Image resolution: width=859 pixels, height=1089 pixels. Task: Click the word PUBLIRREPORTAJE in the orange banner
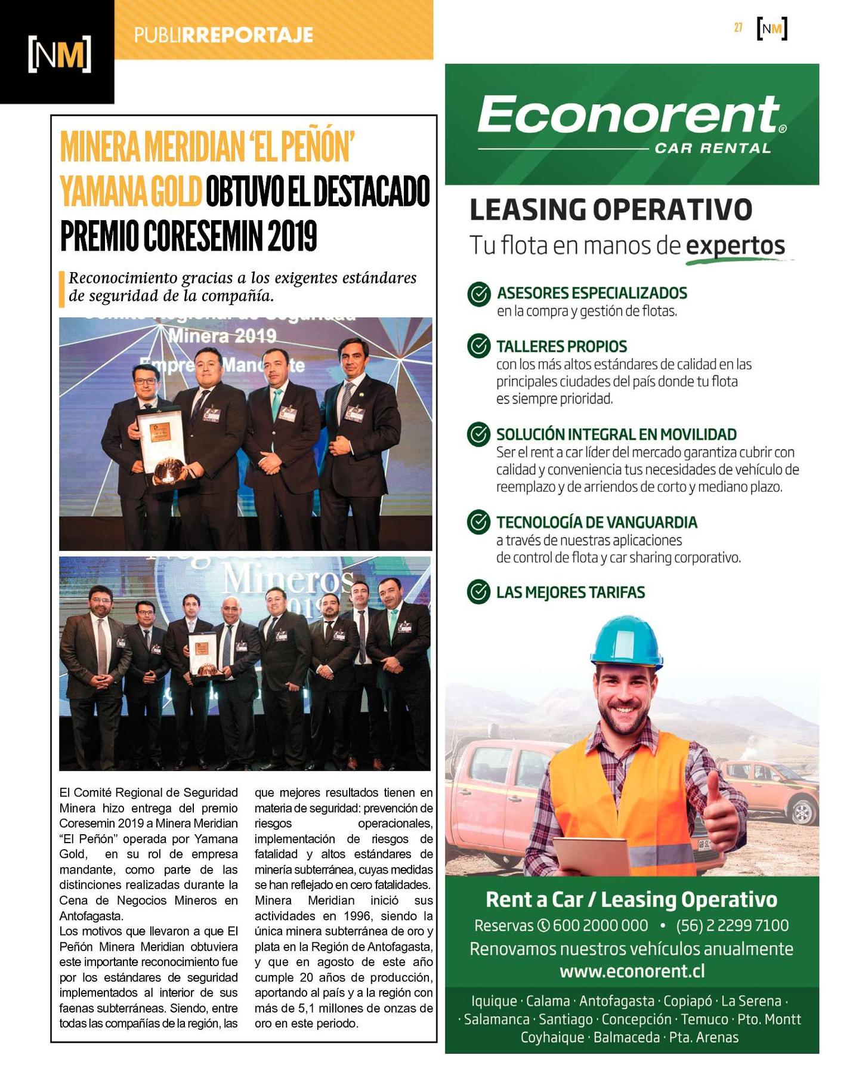(223, 35)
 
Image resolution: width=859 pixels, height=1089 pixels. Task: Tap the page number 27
(738, 27)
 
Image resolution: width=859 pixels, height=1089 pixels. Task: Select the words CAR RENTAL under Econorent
(713, 148)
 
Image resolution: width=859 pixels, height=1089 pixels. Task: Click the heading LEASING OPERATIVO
(611, 210)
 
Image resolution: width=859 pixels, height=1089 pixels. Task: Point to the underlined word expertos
(735, 245)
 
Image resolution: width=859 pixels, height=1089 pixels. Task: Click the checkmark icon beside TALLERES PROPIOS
(478, 346)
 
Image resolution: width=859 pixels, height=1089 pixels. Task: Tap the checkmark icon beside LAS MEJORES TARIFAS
(478, 592)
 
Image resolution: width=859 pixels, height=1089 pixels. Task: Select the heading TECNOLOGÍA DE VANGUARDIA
(597, 522)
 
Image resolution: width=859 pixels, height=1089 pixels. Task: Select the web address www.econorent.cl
(632, 971)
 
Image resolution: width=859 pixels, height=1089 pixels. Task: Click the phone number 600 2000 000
(600, 926)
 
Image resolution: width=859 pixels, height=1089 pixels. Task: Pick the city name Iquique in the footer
(494, 1001)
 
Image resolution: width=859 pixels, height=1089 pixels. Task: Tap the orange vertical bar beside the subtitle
(61, 289)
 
